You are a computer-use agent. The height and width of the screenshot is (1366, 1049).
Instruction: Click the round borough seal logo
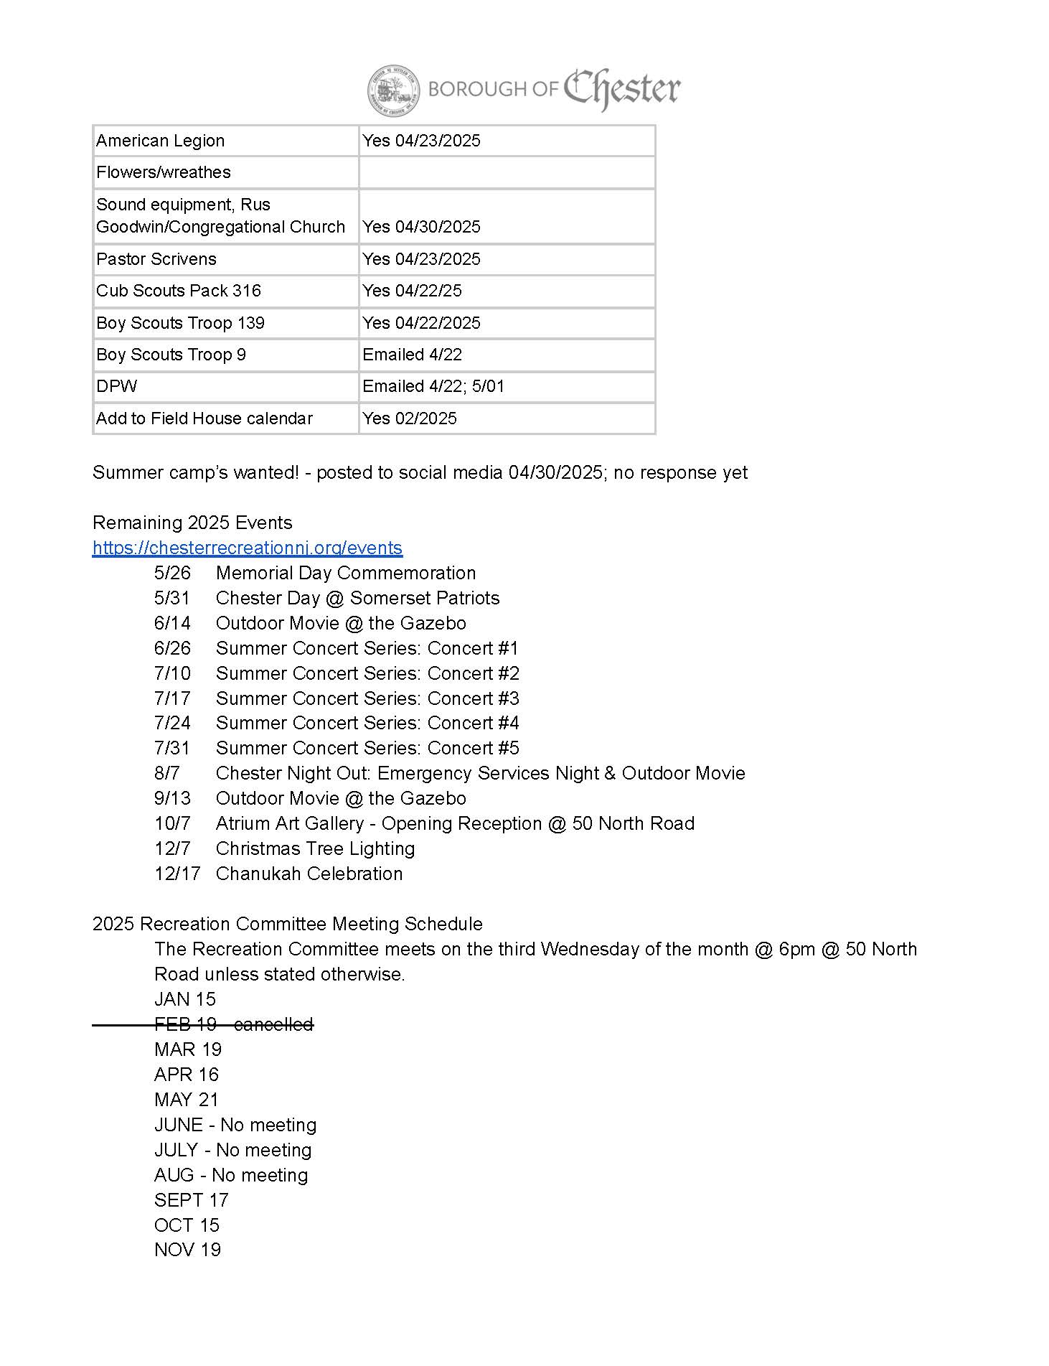coord(393,90)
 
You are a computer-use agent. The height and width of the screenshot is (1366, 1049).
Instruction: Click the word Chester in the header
coord(621,89)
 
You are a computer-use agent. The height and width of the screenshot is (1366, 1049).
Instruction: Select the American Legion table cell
coord(161,141)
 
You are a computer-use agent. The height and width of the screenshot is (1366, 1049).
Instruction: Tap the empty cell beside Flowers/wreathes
coord(507,172)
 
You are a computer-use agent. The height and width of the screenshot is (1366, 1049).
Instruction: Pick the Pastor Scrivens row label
coord(156,259)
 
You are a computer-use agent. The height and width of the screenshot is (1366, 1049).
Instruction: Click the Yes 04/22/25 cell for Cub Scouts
coord(413,291)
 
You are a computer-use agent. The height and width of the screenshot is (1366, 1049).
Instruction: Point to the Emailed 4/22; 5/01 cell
coord(433,386)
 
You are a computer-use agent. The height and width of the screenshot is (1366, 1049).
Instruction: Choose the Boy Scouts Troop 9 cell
coord(171,355)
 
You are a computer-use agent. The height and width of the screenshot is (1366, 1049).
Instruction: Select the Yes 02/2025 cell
coord(410,418)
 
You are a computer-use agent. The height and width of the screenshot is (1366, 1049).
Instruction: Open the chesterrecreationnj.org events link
coord(248,548)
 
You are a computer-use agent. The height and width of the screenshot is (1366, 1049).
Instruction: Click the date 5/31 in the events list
coord(172,598)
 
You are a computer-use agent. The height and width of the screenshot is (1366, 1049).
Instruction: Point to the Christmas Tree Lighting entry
coord(315,848)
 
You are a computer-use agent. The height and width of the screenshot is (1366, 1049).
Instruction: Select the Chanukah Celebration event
coord(309,874)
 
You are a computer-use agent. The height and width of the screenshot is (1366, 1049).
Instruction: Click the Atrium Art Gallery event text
coord(455,823)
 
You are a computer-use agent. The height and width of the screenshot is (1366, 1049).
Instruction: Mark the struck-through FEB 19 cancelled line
coord(234,1024)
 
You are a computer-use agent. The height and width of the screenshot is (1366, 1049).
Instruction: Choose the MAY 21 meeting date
coord(186,1100)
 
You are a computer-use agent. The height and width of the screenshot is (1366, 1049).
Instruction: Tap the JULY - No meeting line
coord(232,1150)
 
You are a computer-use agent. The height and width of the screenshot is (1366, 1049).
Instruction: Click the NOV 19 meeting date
coord(187,1250)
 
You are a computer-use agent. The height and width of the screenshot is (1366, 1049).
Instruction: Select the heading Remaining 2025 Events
coord(192,523)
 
